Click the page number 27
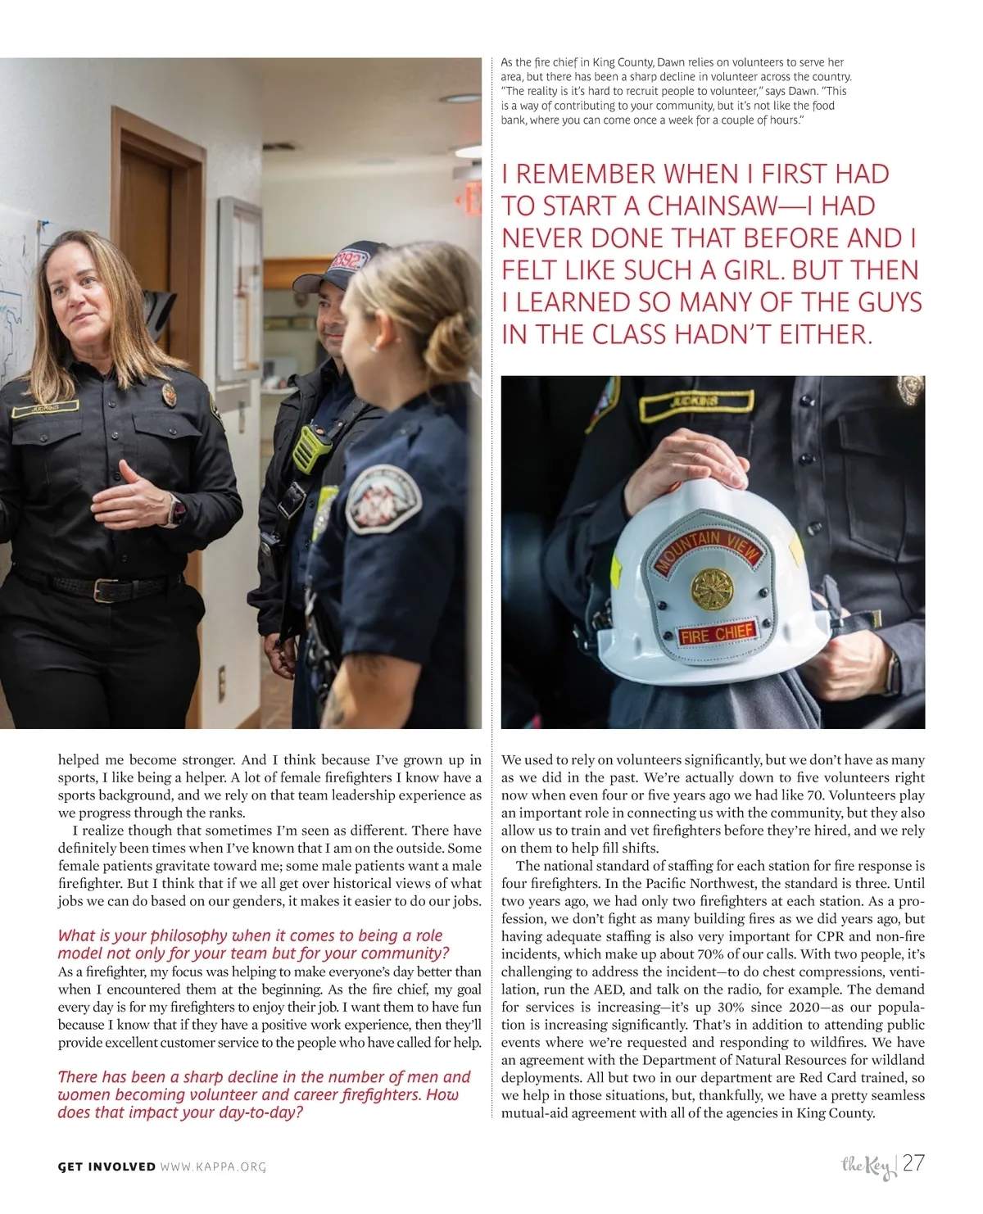(914, 1162)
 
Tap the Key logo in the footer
(867, 1166)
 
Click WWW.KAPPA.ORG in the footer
(214, 1166)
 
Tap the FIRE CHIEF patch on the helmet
(718, 634)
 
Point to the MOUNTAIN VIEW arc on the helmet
(707, 548)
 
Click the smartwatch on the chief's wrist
(176, 512)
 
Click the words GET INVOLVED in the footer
(106, 1166)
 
